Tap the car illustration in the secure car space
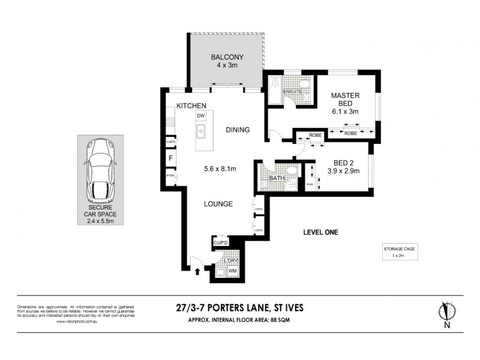tap(100, 170)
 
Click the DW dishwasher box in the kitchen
tap(201, 115)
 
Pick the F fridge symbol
tap(171, 159)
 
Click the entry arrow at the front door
tap(197, 272)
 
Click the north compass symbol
tap(446, 314)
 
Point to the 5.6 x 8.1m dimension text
tap(220, 169)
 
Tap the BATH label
tap(277, 178)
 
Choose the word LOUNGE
tap(218, 204)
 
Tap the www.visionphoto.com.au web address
tap(76, 322)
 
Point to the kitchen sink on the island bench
tap(202, 128)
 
